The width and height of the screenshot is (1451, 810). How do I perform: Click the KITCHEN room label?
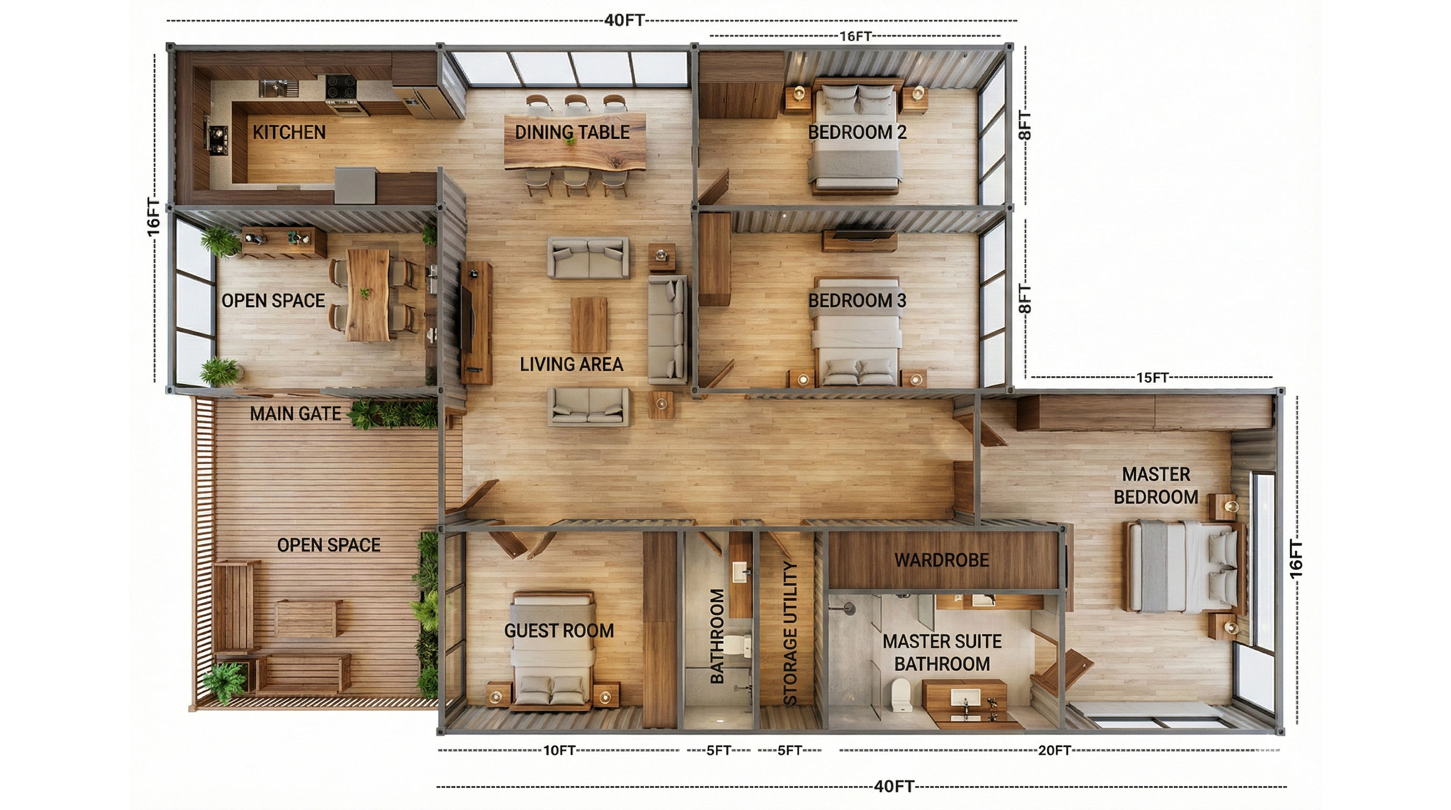point(289,132)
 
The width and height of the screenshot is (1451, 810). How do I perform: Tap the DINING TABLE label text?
point(572,132)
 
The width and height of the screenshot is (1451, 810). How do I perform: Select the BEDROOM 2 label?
point(857,132)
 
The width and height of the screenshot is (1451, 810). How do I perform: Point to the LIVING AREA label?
point(571,364)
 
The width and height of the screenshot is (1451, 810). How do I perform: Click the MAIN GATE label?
point(295,414)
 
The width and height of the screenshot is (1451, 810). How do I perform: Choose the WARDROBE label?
point(942,561)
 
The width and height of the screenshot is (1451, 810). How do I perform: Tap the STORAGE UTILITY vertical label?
point(790,633)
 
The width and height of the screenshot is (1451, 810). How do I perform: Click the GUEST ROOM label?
point(559,631)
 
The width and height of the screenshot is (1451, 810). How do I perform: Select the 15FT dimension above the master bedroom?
point(1152,378)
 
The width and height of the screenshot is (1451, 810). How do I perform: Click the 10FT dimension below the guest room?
point(559,750)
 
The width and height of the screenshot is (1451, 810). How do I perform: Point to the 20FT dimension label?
point(1055,750)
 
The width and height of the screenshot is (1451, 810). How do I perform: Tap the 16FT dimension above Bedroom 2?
point(855,36)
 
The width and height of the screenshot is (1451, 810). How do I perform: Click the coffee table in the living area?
point(588,325)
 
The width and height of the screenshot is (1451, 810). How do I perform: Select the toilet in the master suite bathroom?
point(901,695)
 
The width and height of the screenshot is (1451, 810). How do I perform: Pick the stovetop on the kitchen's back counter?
point(341,88)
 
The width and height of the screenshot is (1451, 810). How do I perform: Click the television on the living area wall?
point(467,319)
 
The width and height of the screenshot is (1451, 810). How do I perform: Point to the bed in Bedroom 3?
point(856,332)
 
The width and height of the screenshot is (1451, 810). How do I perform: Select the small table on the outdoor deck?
point(308,619)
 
